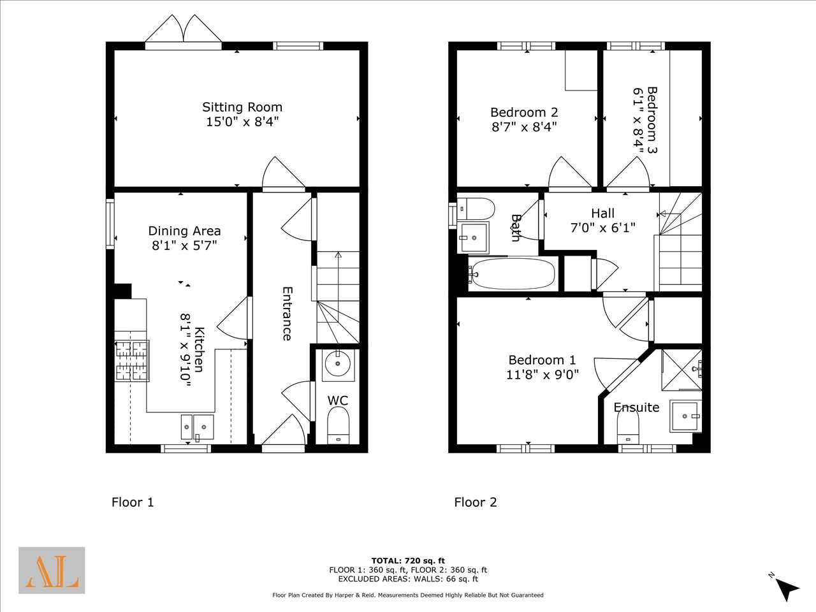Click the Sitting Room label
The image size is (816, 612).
(242, 107)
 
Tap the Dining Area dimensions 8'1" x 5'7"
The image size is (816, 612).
(184, 245)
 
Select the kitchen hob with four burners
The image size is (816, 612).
(132, 361)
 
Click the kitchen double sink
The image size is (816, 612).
(198, 427)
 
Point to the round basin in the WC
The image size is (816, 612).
(337, 363)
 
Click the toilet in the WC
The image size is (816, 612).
(339, 425)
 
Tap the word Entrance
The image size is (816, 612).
(287, 313)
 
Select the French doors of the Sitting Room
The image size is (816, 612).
(183, 33)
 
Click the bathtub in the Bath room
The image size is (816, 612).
(513, 274)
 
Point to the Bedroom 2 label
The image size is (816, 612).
(524, 112)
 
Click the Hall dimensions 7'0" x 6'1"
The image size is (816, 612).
(602, 228)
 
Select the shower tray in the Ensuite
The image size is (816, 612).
(681, 370)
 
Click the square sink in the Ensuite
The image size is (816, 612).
(685, 416)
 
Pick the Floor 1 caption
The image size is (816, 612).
(133, 502)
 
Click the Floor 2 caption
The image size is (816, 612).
(476, 502)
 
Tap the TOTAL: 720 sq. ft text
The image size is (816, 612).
(408, 561)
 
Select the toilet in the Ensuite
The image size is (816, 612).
(628, 426)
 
